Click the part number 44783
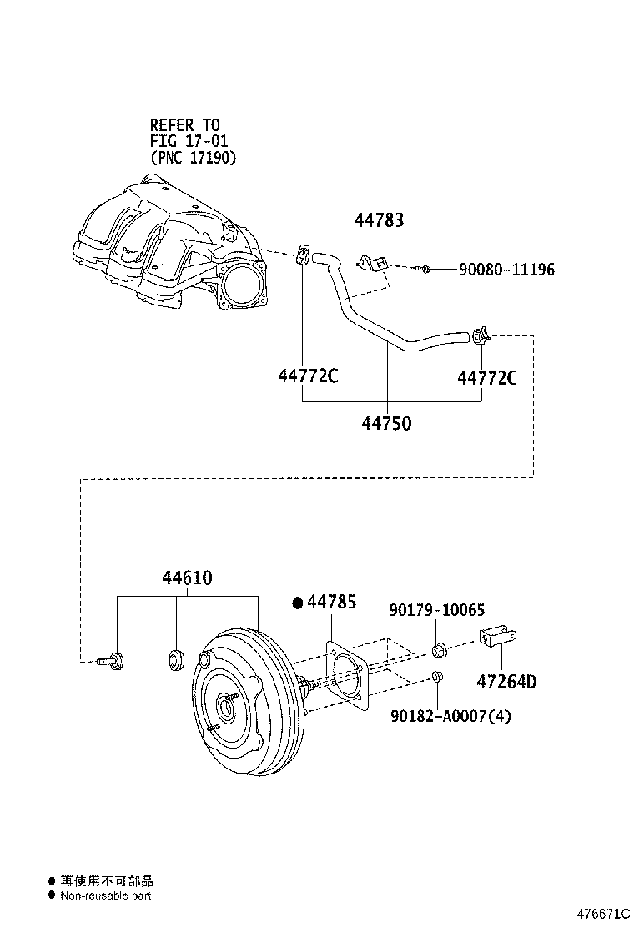(x=380, y=220)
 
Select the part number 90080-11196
(x=506, y=270)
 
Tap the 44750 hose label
(x=386, y=424)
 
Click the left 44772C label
(x=308, y=377)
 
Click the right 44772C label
(x=487, y=378)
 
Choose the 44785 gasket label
(x=332, y=602)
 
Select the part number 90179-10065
(x=436, y=611)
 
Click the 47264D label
(x=506, y=682)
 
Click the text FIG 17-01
(x=189, y=140)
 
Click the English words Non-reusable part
(x=106, y=895)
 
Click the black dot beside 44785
(x=297, y=602)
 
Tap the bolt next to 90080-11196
(x=425, y=269)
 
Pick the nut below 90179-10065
(x=438, y=677)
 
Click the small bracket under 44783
(x=371, y=262)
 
